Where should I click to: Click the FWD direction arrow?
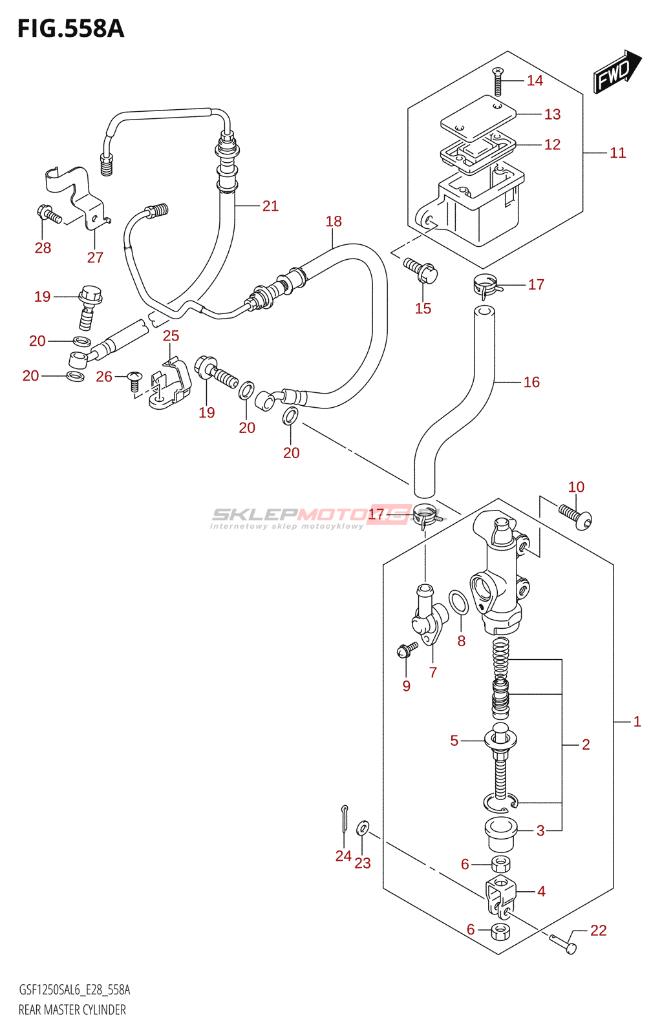(617, 72)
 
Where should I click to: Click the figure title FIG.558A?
(70, 28)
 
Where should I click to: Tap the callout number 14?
(535, 81)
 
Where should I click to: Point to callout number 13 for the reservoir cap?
(552, 114)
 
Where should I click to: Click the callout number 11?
(617, 153)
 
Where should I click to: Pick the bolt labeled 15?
(421, 271)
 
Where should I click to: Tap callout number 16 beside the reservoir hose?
(531, 382)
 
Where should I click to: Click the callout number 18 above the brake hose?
(334, 222)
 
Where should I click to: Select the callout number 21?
(270, 206)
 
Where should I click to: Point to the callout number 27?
(95, 257)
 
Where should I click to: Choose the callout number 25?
(171, 335)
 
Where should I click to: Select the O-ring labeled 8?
(458, 602)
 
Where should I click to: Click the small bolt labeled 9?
(407, 649)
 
